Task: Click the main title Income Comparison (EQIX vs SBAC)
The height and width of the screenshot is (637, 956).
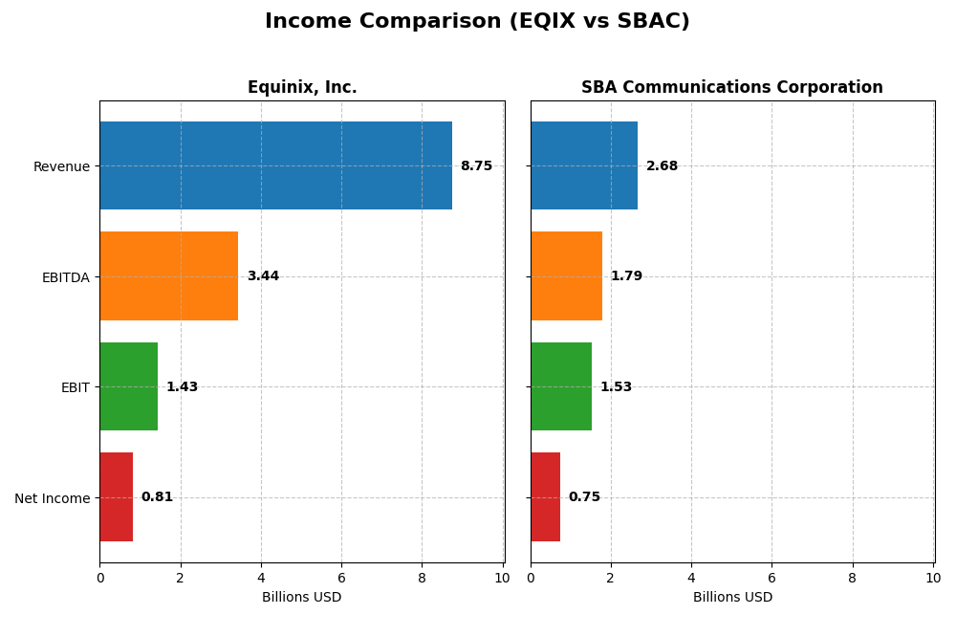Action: (x=477, y=22)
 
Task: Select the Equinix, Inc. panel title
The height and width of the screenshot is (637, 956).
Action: (x=302, y=88)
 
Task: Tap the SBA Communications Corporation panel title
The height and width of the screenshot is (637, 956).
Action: (x=732, y=88)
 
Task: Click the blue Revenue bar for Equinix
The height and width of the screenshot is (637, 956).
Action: (x=275, y=165)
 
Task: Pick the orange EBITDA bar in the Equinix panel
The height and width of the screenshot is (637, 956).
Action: (x=168, y=276)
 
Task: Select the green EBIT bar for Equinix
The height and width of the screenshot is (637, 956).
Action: (x=128, y=386)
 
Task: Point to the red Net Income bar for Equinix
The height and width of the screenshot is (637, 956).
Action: (x=116, y=497)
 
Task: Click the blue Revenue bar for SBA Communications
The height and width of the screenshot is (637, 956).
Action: (x=584, y=165)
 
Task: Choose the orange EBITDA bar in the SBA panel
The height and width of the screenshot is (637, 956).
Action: (x=566, y=276)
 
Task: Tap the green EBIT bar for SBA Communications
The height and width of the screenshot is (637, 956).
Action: (x=561, y=386)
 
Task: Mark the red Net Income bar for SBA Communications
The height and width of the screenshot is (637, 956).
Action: (x=545, y=497)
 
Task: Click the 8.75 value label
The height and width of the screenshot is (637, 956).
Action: (x=476, y=166)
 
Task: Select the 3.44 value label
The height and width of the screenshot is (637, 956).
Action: (x=263, y=276)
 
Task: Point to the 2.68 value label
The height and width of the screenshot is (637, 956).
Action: (x=662, y=166)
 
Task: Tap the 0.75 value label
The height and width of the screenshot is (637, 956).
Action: (x=584, y=497)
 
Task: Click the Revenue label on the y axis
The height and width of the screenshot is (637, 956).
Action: (x=61, y=166)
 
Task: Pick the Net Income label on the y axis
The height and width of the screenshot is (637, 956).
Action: (x=52, y=498)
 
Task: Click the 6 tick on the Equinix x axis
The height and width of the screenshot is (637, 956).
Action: (x=341, y=578)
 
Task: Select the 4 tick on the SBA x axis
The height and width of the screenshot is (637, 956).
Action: (x=691, y=578)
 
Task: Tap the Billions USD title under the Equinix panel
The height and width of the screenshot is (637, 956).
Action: (x=302, y=598)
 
